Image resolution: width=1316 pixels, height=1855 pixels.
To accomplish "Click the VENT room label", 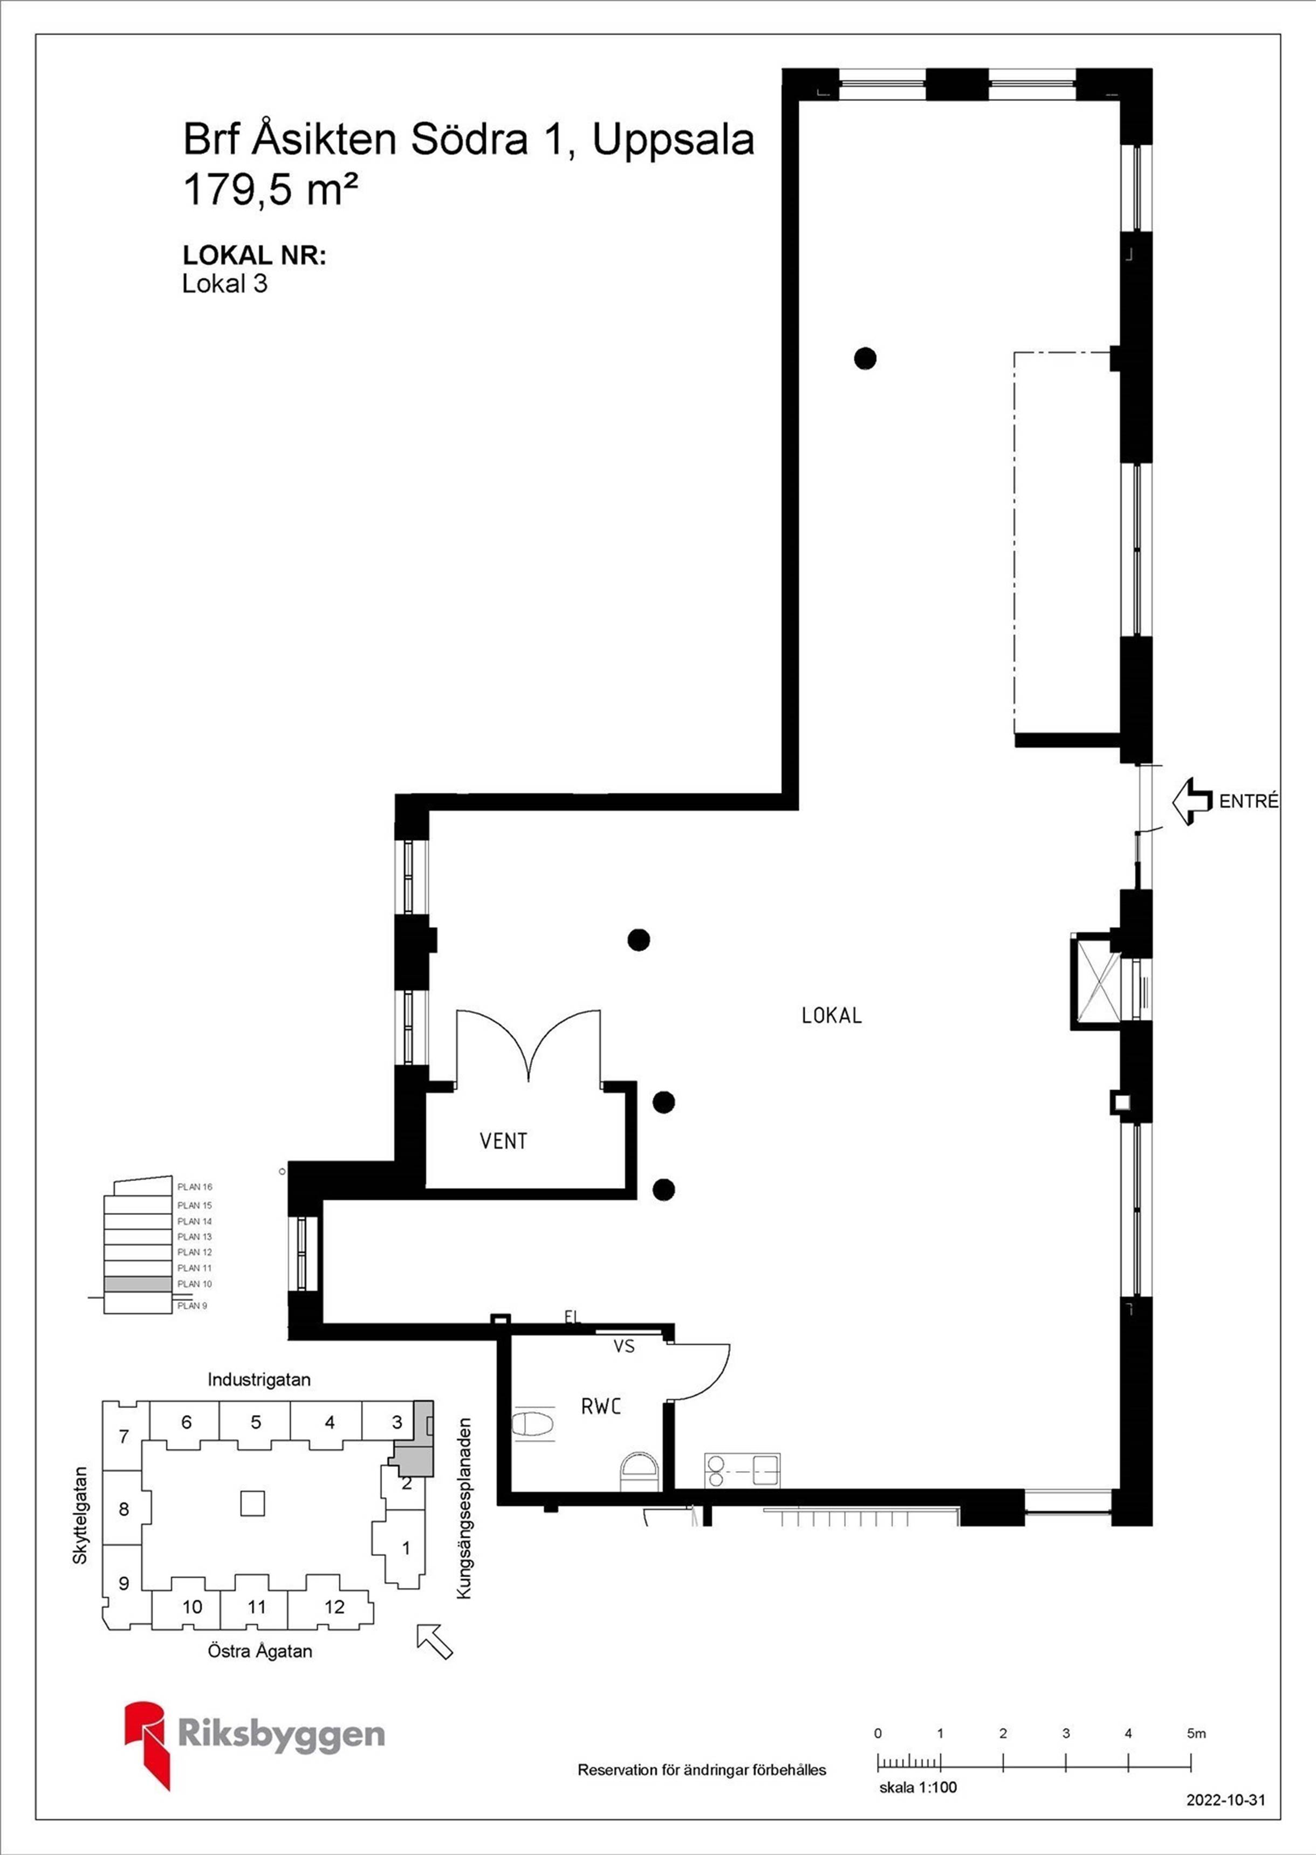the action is [503, 1142].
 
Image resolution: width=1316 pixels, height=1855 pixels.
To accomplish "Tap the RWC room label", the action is [601, 1406].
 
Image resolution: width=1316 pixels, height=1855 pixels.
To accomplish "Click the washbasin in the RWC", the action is [640, 1468].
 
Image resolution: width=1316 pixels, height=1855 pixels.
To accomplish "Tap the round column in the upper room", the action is [866, 357].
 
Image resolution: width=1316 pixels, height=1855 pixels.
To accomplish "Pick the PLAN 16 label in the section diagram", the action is [195, 1187].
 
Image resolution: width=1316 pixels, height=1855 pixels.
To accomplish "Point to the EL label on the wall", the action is [572, 1318].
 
